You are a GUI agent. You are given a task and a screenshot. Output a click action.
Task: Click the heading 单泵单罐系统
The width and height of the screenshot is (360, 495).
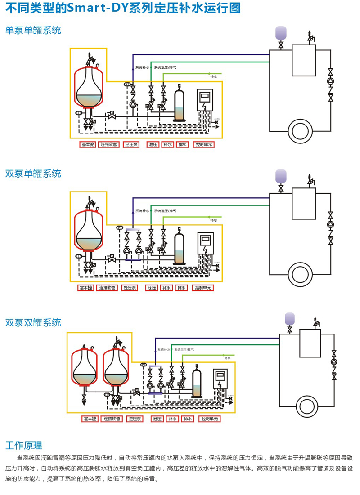tap(33, 31)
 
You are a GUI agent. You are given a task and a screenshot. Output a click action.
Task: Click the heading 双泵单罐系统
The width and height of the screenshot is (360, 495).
tap(33, 174)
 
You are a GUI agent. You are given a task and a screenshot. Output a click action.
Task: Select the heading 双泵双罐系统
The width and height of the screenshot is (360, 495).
tap(33, 322)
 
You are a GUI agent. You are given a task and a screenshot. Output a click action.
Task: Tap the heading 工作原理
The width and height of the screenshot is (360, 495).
tap(24, 446)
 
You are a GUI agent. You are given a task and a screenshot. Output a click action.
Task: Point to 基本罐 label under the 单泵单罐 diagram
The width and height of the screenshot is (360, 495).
tap(87, 145)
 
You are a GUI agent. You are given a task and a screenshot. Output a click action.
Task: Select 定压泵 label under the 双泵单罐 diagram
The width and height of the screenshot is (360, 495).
tap(130, 288)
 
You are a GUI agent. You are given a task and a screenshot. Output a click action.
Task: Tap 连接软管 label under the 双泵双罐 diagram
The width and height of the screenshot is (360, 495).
tap(110, 419)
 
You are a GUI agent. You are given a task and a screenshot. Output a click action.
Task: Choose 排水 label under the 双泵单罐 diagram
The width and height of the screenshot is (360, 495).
tap(181, 288)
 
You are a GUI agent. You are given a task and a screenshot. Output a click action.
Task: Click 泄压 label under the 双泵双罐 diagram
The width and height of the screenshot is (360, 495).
tap(157, 419)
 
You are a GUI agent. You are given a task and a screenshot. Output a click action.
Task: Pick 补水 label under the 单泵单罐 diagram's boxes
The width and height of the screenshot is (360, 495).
tap(167, 145)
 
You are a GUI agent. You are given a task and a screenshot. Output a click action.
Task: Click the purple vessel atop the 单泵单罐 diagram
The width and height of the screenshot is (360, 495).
tap(281, 33)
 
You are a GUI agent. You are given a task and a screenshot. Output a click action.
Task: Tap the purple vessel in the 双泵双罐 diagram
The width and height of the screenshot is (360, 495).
tap(289, 318)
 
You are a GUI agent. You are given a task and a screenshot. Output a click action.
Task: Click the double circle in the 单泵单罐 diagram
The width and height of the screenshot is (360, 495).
tap(299, 131)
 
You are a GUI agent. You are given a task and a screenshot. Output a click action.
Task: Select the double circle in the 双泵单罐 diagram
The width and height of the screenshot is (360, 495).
tap(299, 273)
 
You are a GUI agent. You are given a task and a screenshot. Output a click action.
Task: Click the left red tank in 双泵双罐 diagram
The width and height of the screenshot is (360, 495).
tap(84, 366)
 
